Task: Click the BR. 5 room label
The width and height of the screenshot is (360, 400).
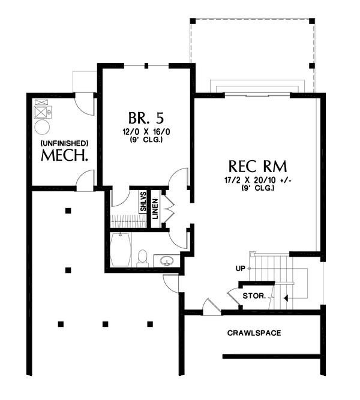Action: click(144, 116)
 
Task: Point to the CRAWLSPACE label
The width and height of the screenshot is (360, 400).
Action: click(254, 333)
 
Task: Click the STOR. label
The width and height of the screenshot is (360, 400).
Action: click(254, 296)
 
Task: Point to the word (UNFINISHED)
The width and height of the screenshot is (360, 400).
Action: click(65, 143)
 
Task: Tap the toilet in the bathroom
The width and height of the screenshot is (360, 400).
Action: click(142, 257)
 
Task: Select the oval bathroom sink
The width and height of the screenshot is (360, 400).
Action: click(167, 260)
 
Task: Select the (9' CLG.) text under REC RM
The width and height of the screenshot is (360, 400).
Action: click(258, 188)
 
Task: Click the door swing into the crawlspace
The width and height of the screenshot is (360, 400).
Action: click(209, 306)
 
